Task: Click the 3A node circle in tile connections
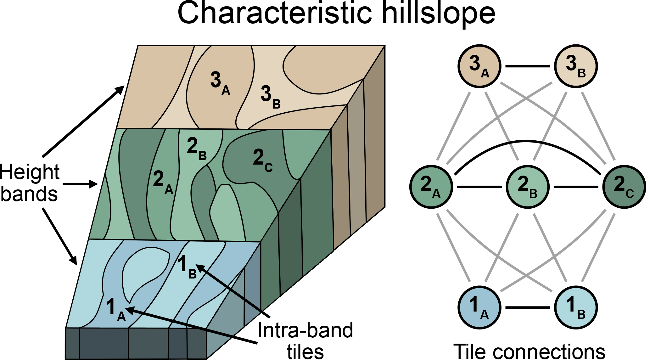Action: pos(479,66)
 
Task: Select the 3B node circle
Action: pos(576,66)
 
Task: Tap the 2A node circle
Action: pos(431,187)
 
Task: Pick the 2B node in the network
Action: pos(528,187)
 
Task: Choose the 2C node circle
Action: pos(624,187)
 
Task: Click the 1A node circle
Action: pos(479,307)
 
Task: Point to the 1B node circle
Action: pos(576,307)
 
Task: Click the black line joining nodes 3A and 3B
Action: pos(528,66)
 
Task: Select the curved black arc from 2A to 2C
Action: pos(528,141)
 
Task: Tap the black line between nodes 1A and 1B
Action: pos(528,307)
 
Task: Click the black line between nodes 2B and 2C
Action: pos(576,187)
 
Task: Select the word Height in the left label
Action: pos(30,173)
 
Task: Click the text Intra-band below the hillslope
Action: pos(305,330)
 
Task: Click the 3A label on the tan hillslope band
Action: pos(220,83)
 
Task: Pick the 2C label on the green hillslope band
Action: pos(262,160)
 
